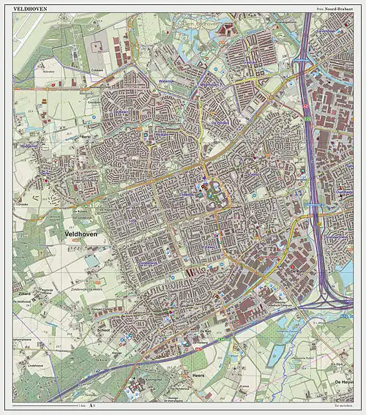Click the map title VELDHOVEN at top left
(x=29, y=7)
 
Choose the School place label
(x=102, y=330)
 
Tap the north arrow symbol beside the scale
(x=91, y=405)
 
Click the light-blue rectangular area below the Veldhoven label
(x=91, y=261)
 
